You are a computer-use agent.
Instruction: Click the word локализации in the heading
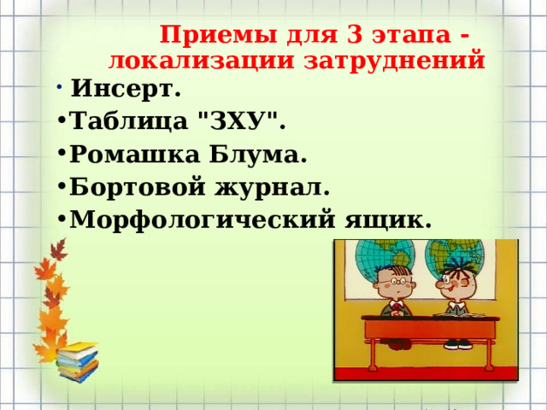(x=198, y=60)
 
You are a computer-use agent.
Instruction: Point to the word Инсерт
(x=125, y=88)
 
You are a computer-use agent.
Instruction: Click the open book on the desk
(x=461, y=314)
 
